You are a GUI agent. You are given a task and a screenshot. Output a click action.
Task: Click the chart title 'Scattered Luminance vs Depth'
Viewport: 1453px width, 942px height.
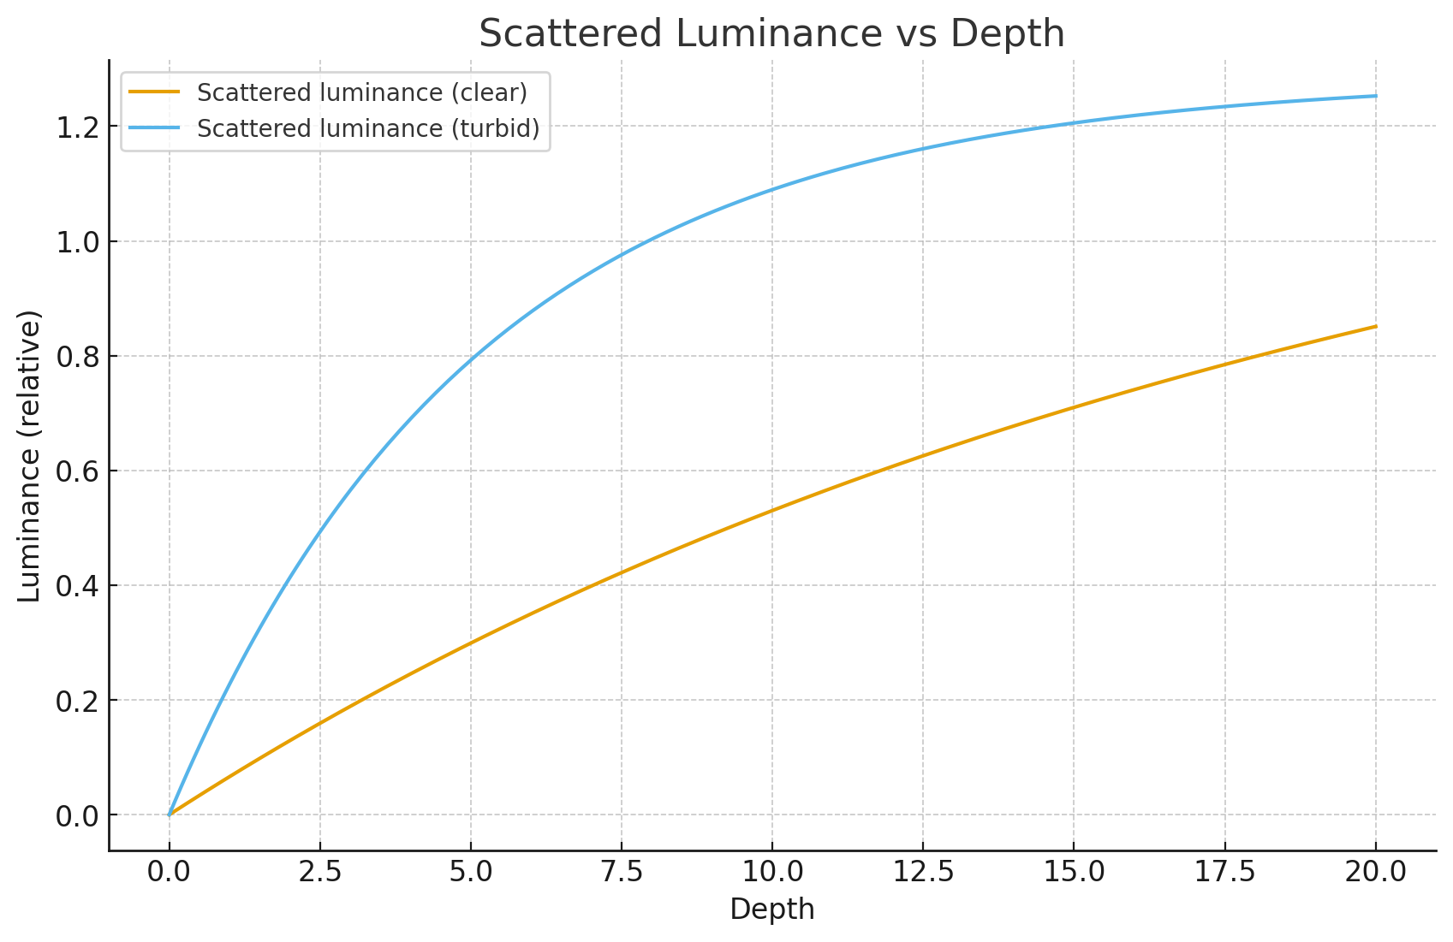coord(771,34)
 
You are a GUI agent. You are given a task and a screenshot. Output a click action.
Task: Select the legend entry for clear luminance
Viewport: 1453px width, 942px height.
coord(361,92)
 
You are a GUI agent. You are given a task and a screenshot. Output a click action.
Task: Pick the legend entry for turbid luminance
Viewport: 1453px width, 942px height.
coord(368,128)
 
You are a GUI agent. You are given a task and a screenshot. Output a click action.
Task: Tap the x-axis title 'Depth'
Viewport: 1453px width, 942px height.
coord(771,909)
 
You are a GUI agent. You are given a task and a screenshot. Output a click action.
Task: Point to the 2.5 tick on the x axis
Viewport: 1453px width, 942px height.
coord(320,872)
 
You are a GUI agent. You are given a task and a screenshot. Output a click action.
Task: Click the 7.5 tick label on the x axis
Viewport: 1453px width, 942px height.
coord(622,872)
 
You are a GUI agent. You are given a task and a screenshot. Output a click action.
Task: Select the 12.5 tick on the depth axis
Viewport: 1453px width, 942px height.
coord(923,872)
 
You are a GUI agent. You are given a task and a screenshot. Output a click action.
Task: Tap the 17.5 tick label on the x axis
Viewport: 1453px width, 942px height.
coord(1224,872)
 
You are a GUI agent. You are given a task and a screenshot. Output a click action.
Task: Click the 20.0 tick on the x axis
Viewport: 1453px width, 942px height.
coord(1375,872)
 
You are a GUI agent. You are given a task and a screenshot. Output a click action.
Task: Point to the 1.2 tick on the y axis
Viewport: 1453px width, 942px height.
coord(78,127)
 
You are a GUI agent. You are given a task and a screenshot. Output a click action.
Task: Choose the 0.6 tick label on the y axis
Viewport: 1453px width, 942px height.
coord(78,471)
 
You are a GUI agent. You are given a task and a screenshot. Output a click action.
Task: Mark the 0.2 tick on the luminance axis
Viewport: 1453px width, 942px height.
coord(78,700)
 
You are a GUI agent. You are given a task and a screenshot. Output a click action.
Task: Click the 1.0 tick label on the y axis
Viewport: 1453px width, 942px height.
coord(78,241)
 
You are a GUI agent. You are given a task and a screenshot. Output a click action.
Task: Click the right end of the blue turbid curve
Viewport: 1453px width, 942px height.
coord(1375,96)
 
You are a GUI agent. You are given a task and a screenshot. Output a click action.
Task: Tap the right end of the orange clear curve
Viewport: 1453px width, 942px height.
coord(1375,326)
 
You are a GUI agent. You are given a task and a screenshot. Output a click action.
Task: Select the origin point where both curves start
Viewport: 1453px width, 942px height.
coord(170,815)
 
